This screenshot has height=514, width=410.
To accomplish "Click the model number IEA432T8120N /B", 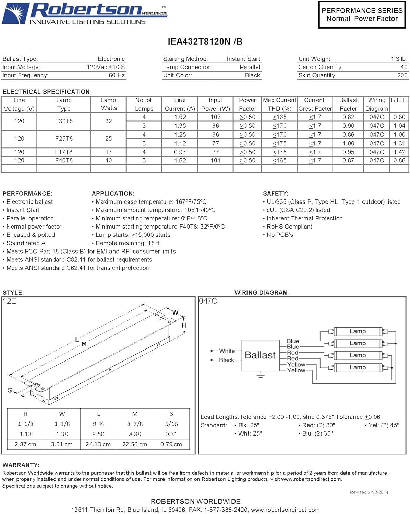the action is (x=205, y=41).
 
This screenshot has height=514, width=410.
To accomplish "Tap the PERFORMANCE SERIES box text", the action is (x=362, y=14).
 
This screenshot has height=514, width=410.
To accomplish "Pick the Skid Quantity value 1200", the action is (x=401, y=75).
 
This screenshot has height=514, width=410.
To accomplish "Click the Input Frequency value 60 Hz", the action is (x=117, y=75).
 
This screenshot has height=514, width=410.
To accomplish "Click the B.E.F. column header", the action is (x=399, y=100).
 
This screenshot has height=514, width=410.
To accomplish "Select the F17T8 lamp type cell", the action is (x=64, y=152).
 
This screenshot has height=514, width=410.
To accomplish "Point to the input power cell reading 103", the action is (x=216, y=117).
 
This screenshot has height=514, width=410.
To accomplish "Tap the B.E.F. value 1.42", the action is (x=399, y=152).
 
